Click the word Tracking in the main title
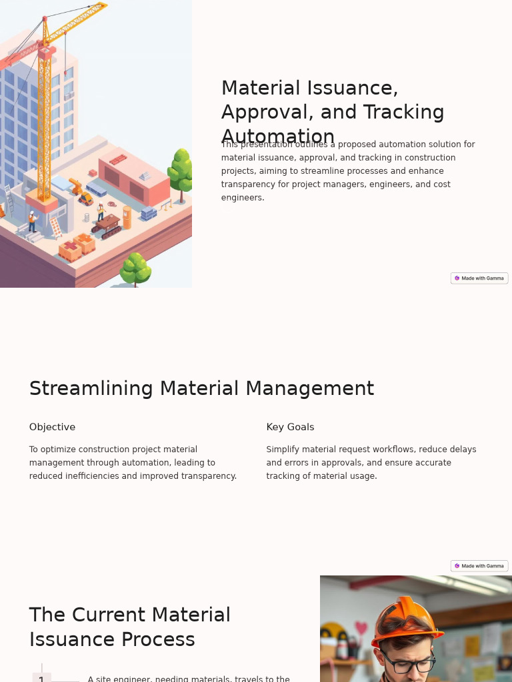(x=408, y=113)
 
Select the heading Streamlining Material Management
(x=201, y=388)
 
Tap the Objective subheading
(x=52, y=427)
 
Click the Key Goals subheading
(x=290, y=427)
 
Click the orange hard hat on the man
(x=405, y=622)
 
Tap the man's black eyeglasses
(x=407, y=663)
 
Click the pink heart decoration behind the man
(x=361, y=627)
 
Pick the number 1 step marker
(x=41, y=678)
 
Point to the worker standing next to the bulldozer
(x=101, y=211)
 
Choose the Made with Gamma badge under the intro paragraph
(x=479, y=278)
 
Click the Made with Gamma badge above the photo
(x=479, y=566)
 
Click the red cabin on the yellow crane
(x=47, y=52)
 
